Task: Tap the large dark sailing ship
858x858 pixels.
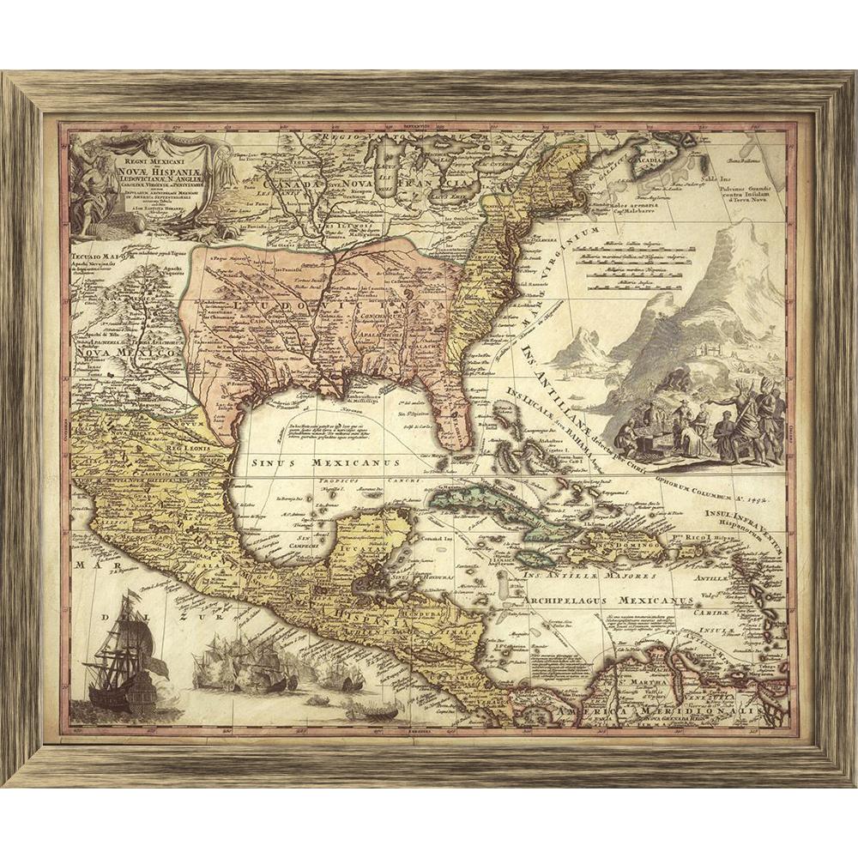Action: pos(124,652)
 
